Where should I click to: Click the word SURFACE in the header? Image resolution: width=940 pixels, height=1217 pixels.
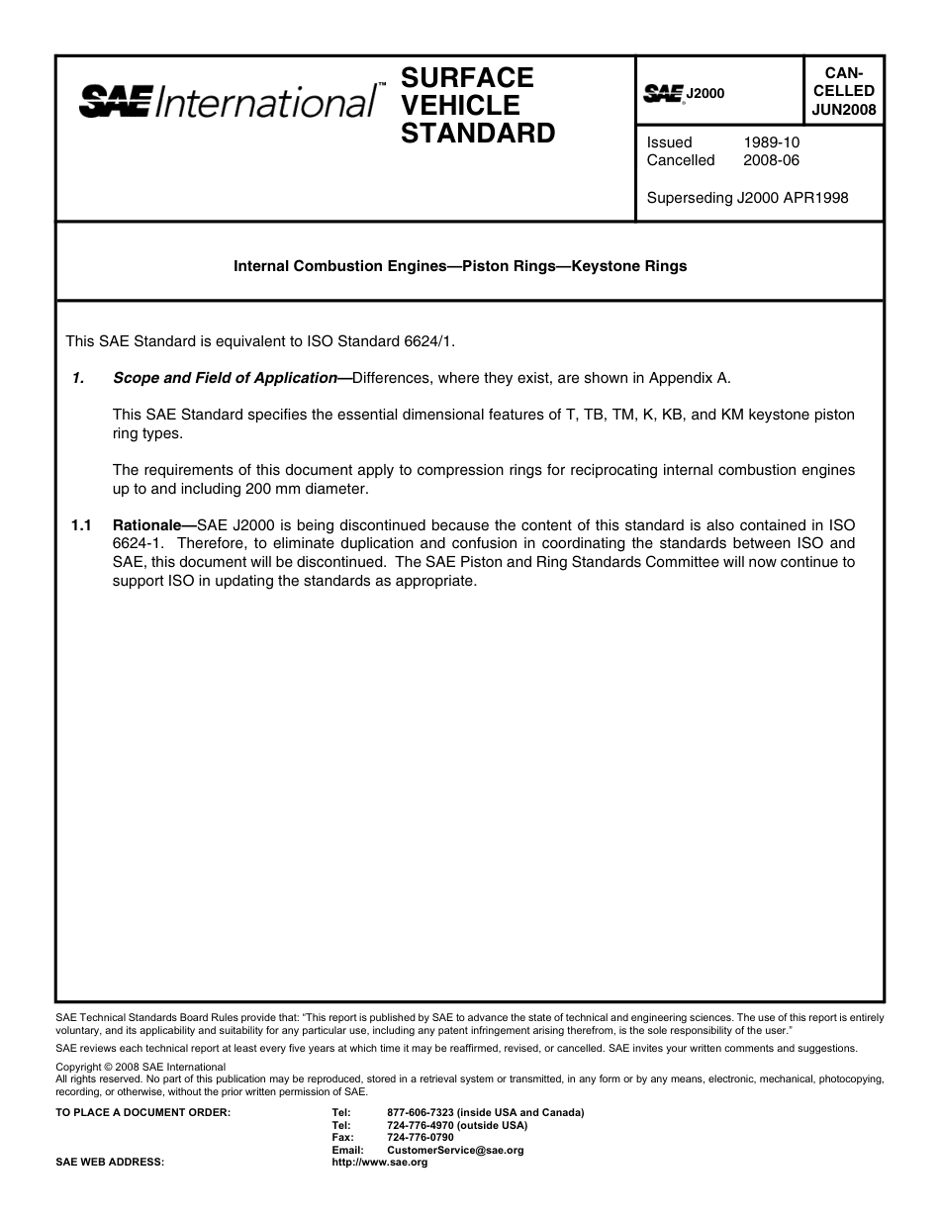(467, 77)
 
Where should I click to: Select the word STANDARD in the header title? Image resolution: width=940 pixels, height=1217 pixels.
(478, 133)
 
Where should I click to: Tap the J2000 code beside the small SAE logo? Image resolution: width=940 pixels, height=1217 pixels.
(705, 93)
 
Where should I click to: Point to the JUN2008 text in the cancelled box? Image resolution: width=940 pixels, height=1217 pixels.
(843, 110)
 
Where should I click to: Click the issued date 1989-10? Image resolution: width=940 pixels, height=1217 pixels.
(771, 142)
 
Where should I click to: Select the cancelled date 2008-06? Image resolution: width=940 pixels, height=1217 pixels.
(771, 160)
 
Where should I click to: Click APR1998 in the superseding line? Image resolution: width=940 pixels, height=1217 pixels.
(815, 197)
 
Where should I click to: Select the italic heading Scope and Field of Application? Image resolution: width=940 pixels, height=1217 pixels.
(225, 377)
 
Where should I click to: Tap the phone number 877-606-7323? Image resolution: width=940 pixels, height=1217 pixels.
(422, 1112)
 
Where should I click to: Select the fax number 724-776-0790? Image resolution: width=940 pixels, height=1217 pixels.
(421, 1137)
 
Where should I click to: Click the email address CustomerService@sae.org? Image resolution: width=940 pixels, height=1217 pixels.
(455, 1150)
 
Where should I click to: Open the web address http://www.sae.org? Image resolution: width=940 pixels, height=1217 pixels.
(379, 1162)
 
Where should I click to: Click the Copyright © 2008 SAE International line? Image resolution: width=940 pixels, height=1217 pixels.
(141, 1067)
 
